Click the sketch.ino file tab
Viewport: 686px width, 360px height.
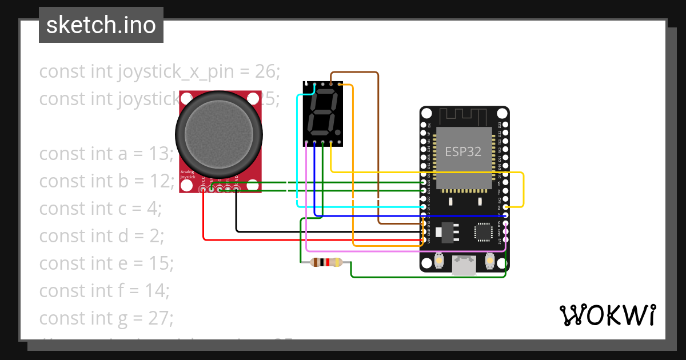101,25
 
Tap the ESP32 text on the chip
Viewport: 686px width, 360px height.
463,151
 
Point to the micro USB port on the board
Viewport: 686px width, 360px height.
463,265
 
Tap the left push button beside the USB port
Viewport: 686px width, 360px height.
439,261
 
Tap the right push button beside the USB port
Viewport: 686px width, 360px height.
489,261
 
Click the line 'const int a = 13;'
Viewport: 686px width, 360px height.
106,154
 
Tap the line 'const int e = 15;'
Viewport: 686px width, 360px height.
106,263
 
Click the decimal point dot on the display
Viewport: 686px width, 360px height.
338,132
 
